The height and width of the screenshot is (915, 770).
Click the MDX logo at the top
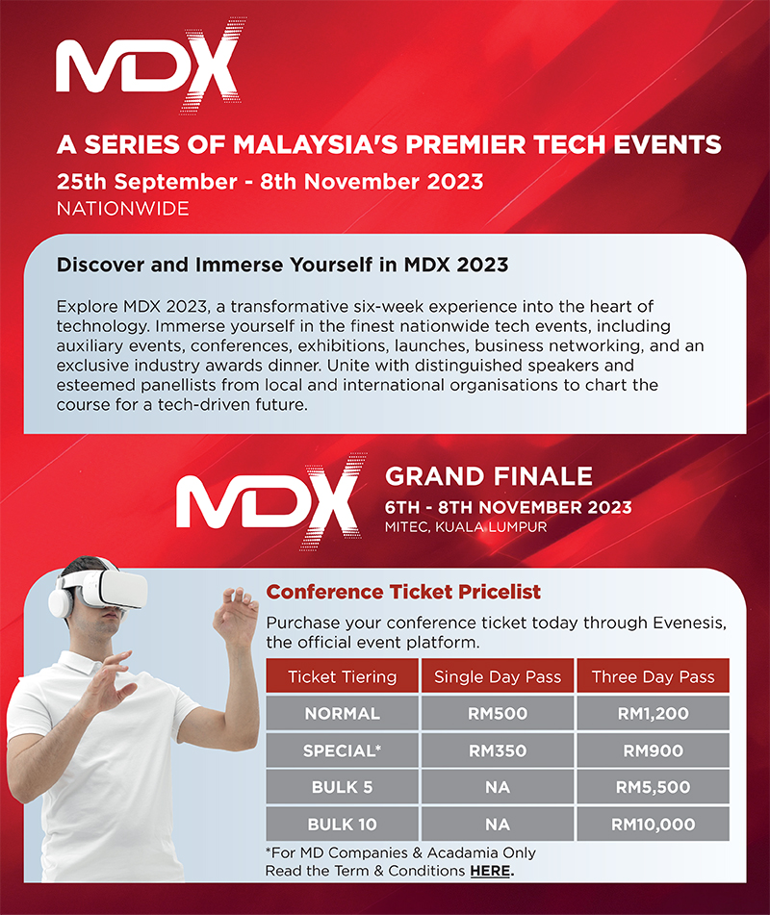click(x=149, y=65)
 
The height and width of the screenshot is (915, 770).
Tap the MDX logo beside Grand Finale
click(x=269, y=502)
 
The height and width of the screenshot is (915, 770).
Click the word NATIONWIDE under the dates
click(x=122, y=209)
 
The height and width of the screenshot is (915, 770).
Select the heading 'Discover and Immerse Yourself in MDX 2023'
click(x=283, y=265)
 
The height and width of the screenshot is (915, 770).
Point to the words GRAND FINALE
click(x=489, y=477)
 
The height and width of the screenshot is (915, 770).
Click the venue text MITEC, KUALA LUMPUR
click(x=466, y=527)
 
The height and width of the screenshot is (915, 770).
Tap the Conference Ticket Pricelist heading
click(x=403, y=592)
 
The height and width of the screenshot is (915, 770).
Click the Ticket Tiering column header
click(x=342, y=676)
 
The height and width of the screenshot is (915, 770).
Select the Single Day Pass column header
click(x=498, y=676)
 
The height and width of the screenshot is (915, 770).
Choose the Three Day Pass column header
click(x=654, y=676)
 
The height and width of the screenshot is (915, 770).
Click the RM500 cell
click(x=498, y=713)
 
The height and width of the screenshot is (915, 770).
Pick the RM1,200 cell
click(x=654, y=713)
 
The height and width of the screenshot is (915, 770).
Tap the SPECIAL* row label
click(x=342, y=750)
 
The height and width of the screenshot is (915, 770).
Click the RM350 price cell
click(x=498, y=750)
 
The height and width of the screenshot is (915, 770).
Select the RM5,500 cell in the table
click(x=654, y=787)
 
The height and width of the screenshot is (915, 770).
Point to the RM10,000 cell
click(x=654, y=824)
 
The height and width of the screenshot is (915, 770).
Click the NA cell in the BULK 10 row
click(x=498, y=824)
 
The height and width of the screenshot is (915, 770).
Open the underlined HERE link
click(x=490, y=871)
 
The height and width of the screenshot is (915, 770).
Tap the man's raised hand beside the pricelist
click(x=236, y=617)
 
